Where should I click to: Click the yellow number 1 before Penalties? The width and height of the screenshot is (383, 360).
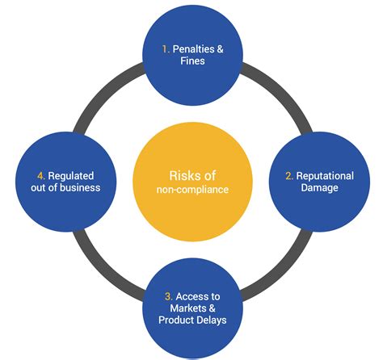pos(166,49)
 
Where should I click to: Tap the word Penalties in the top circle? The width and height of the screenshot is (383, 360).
pos(194,49)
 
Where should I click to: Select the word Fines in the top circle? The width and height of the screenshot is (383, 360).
pos(192,61)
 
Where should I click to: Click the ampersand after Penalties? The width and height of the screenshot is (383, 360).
pos(220,49)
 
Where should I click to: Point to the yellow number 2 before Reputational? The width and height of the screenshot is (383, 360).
pos(289,176)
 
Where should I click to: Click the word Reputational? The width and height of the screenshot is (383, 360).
pos(325,176)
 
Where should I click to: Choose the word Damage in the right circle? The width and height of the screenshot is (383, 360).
pos(319,188)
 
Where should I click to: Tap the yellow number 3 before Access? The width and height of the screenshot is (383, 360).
pos(169,296)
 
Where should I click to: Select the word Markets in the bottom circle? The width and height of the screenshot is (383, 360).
pos(188,308)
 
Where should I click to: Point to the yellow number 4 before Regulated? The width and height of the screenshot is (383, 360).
pos(41,176)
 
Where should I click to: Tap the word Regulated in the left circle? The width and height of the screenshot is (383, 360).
pos(71,176)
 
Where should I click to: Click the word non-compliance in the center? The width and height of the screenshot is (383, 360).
pos(192,190)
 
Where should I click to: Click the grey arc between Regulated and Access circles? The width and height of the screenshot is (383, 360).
pos(103,269)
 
